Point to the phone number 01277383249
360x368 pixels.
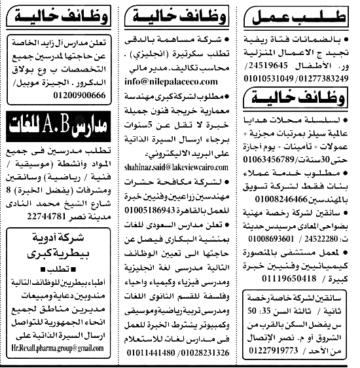[x=329, y=79]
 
